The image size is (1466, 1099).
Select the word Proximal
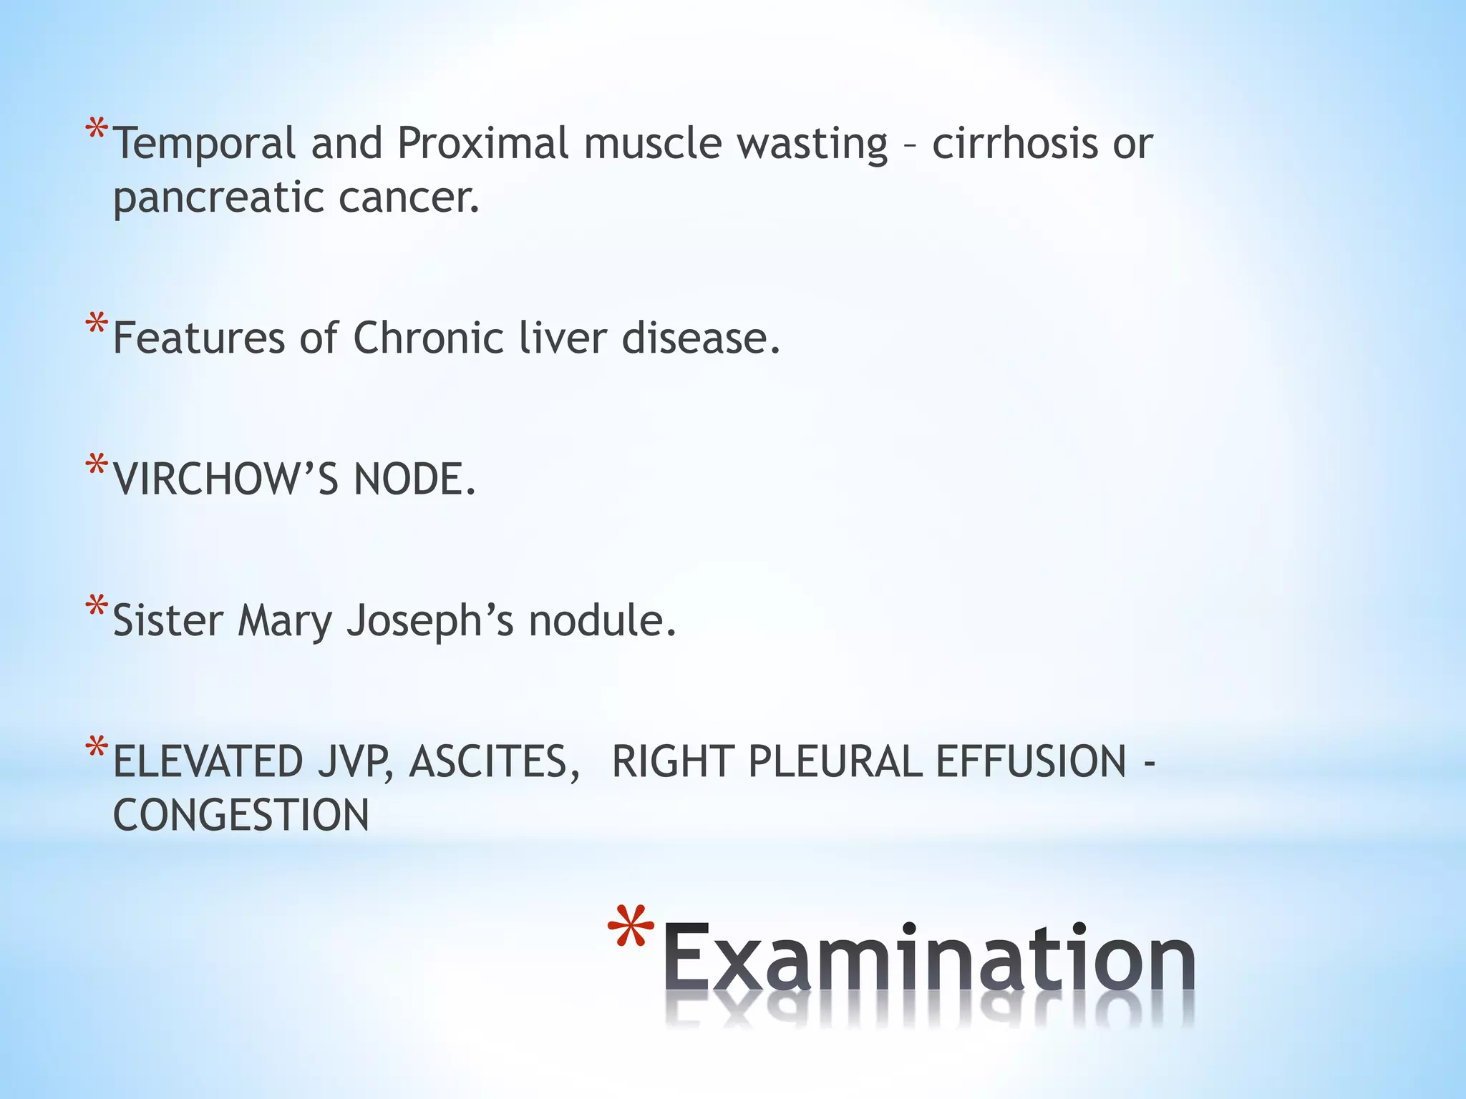pyautogui.click(x=482, y=143)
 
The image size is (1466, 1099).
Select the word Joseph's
pyautogui.click(x=430, y=621)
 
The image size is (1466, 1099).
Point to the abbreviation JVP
pyautogui.click(x=356, y=761)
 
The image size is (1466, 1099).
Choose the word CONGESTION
pyautogui.click(x=241, y=815)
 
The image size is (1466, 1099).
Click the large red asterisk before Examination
pyautogui.click(x=631, y=930)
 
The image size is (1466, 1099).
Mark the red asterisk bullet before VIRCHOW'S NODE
pyautogui.click(x=97, y=467)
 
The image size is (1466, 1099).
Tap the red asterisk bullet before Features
pyautogui.click(x=97, y=326)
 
